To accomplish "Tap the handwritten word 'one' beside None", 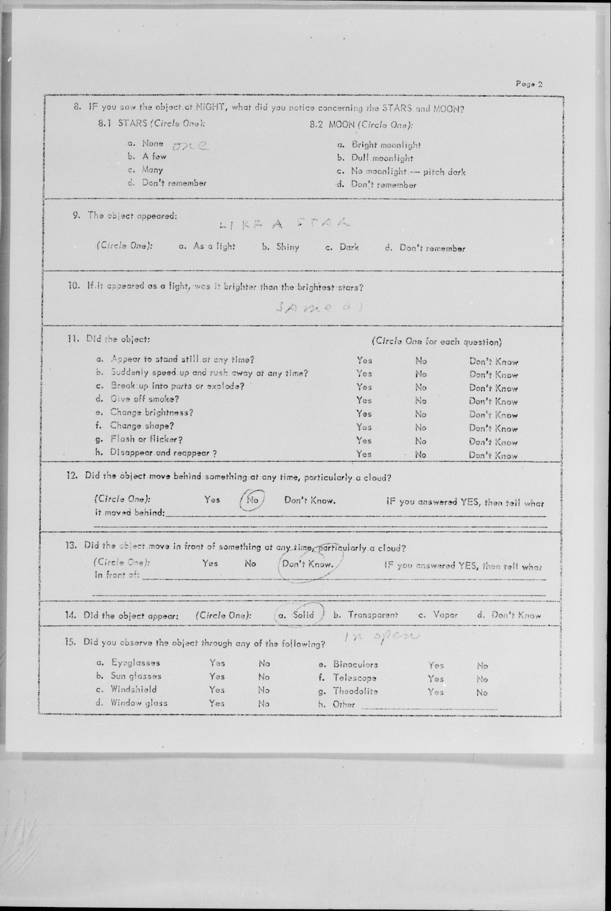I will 190,146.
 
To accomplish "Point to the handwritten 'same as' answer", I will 319,307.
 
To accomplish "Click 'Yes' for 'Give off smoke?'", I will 364,400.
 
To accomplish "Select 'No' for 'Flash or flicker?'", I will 420,441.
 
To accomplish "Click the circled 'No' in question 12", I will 252,500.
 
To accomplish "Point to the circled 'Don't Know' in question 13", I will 307,564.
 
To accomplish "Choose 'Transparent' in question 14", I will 373,615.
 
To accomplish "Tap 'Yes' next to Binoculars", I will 436,665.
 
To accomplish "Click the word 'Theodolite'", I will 355,691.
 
